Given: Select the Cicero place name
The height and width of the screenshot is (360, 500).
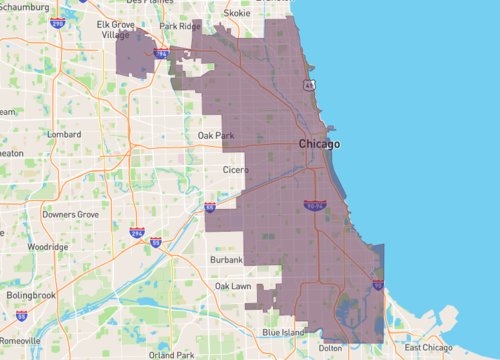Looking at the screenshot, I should (x=236, y=170).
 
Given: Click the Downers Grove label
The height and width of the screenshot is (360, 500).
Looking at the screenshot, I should (x=70, y=214).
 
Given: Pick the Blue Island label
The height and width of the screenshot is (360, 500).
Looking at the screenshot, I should (x=284, y=331).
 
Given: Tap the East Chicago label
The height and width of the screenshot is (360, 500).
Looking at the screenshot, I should (x=427, y=347).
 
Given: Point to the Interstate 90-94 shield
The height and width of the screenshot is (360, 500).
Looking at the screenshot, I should (x=315, y=205).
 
